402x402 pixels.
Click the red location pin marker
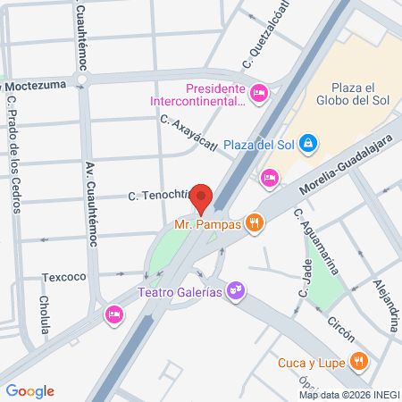[202, 197]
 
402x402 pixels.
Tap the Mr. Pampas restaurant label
[207, 223]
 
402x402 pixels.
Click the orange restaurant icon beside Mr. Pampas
[255, 222]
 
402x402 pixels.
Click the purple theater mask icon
[235, 290]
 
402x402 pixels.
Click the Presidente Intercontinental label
[214, 95]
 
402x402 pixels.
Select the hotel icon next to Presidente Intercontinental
[259, 92]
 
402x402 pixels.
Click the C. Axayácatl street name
[189, 133]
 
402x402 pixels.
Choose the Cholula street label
[44, 315]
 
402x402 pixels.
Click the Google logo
[29, 391]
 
